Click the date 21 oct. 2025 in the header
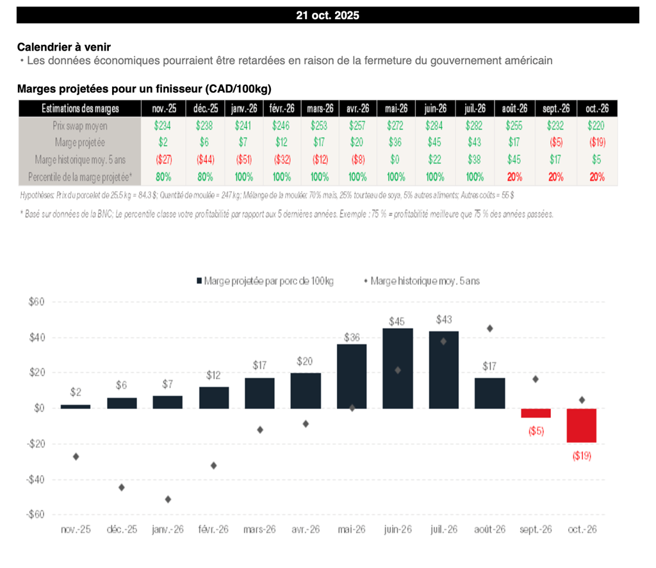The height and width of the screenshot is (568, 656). [327, 16]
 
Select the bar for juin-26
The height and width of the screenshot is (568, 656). [398, 368]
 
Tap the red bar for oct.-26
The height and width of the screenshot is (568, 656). [582, 425]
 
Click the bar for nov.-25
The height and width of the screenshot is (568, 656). [76, 406]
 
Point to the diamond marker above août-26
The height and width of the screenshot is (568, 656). [490, 328]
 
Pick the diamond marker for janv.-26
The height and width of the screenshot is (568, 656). [168, 499]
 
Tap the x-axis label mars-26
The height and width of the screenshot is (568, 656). [259, 530]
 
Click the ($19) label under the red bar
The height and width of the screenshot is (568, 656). [582, 456]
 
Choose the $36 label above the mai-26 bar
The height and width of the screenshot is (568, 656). [352, 337]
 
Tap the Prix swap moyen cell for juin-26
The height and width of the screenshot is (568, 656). [434, 126]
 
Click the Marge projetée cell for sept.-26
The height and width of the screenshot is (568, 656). [557, 143]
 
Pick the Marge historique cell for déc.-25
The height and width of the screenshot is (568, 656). [206, 160]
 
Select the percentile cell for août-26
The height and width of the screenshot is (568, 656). [514, 176]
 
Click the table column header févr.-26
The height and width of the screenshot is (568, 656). [283, 109]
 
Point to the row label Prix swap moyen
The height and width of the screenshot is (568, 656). [80, 126]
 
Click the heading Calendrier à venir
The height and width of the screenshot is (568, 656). [68, 47]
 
